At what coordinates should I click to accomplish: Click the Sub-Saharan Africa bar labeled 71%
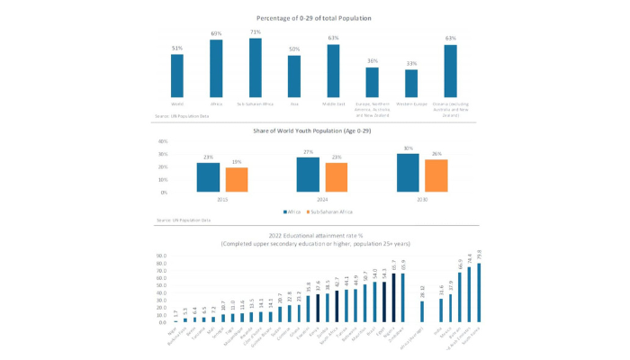(x=256, y=67)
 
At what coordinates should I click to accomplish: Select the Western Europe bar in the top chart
(x=411, y=83)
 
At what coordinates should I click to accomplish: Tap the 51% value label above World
(x=177, y=49)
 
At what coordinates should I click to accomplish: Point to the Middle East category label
(x=333, y=104)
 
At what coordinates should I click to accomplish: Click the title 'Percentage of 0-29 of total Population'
(x=314, y=18)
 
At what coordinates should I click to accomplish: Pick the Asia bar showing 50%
(x=294, y=76)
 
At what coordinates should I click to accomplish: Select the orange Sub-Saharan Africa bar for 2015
(x=237, y=180)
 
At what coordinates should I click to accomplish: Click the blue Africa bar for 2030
(x=408, y=173)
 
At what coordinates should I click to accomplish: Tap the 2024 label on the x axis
(x=321, y=199)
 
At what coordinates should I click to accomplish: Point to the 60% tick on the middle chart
(x=163, y=141)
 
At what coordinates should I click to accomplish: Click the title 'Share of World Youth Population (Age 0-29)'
(x=314, y=131)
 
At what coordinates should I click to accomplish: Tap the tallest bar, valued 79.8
(x=479, y=292)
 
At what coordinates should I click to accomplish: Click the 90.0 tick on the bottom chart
(x=161, y=256)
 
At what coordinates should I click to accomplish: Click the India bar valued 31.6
(x=441, y=310)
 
